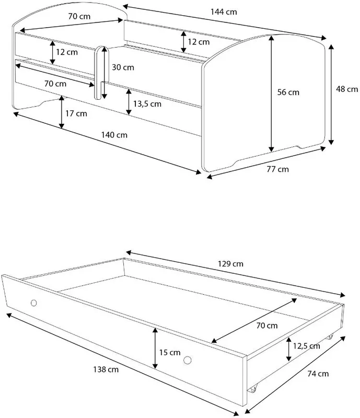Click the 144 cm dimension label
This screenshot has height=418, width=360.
[x=224, y=12]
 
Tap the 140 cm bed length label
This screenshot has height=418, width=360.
[x=114, y=135]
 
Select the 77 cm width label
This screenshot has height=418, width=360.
[x=277, y=169]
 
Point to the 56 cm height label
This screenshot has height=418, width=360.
[x=288, y=92]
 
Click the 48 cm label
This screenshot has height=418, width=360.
[x=346, y=89]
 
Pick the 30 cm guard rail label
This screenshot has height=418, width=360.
[x=123, y=67]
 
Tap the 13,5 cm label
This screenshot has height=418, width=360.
[x=147, y=103]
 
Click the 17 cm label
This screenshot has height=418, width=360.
[x=76, y=113]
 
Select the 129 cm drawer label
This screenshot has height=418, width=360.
[x=230, y=264]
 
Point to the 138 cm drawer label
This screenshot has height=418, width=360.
[x=106, y=369]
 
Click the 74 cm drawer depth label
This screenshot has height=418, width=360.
[x=318, y=374]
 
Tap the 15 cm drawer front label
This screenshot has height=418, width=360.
[x=170, y=352]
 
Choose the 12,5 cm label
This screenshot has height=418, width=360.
[x=306, y=346]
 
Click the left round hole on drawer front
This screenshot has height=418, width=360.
[x=33, y=303]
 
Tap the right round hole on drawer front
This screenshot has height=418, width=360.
[x=188, y=360]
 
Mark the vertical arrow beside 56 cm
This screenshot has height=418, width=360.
[x=272, y=94]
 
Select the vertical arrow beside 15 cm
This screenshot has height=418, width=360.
[x=155, y=349]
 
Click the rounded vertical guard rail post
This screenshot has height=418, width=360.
[x=98, y=73]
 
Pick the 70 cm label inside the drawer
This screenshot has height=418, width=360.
[x=267, y=326]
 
